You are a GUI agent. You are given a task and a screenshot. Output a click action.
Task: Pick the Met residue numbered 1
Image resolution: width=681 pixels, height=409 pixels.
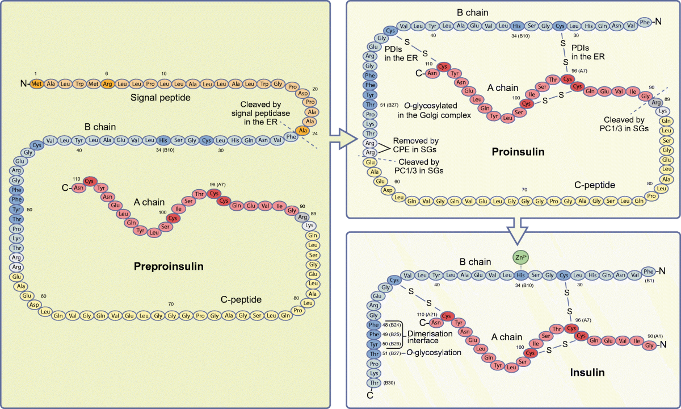[37, 84]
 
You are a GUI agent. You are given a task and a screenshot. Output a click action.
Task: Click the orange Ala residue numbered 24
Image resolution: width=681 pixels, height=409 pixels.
[303, 131]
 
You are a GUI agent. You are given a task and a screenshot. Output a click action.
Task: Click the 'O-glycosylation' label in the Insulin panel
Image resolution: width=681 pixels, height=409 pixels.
[433, 353]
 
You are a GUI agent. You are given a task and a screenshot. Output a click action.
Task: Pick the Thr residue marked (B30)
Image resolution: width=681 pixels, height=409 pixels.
[373, 383]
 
